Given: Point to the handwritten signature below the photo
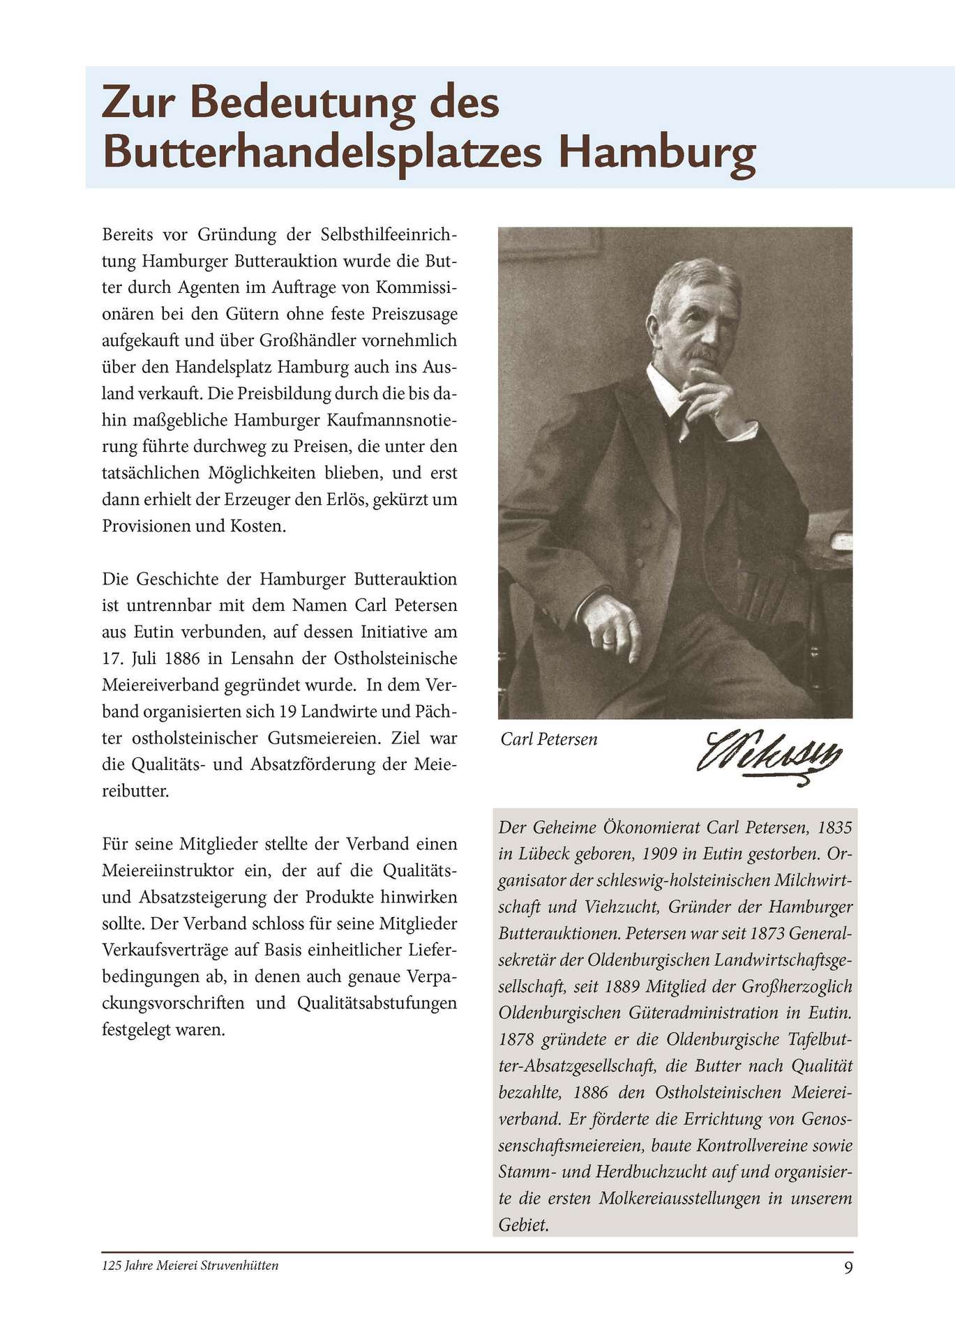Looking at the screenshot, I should [x=769, y=753].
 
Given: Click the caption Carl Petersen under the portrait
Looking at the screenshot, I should [x=549, y=739].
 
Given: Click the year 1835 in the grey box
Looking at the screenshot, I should [x=834, y=828].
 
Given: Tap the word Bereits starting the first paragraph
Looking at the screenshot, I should [x=126, y=234].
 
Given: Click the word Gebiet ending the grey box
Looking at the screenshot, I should [x=523, y=1225].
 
